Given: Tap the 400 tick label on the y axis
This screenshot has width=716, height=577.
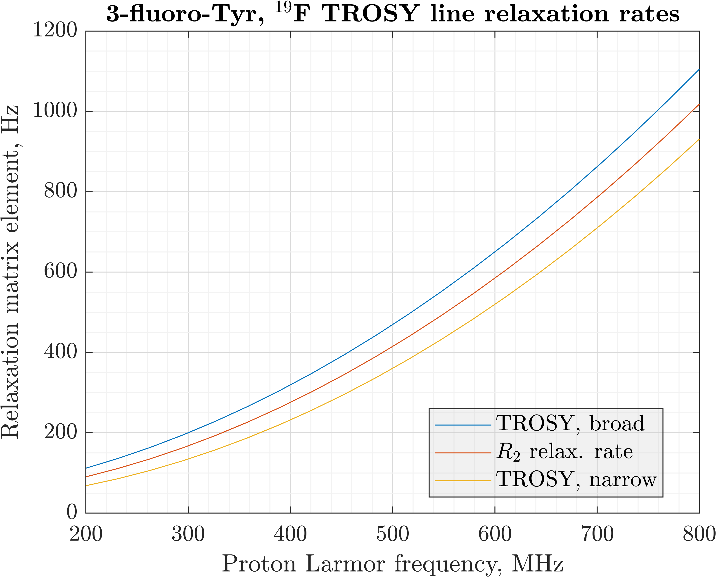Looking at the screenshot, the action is pos(60,352).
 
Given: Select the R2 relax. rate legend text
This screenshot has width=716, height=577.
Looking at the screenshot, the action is pos(564,452).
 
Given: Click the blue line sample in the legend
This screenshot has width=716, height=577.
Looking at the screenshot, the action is pos(463,425).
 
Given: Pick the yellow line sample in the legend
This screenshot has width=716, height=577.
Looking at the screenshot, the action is pos(463,481).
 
